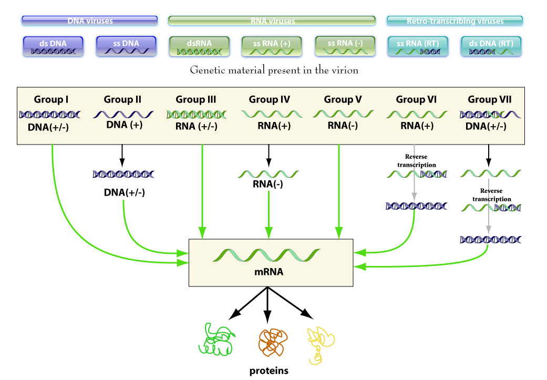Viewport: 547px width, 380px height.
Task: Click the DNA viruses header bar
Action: coord(90,21)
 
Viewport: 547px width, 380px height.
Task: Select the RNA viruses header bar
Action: coord(271,21)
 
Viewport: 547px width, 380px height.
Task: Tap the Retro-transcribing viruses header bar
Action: coord(455,21)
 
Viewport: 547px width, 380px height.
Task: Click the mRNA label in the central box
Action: coord(269,274)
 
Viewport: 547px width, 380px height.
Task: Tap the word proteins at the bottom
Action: coord(269,370)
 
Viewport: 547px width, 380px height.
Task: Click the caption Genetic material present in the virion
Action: coord(274,69)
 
